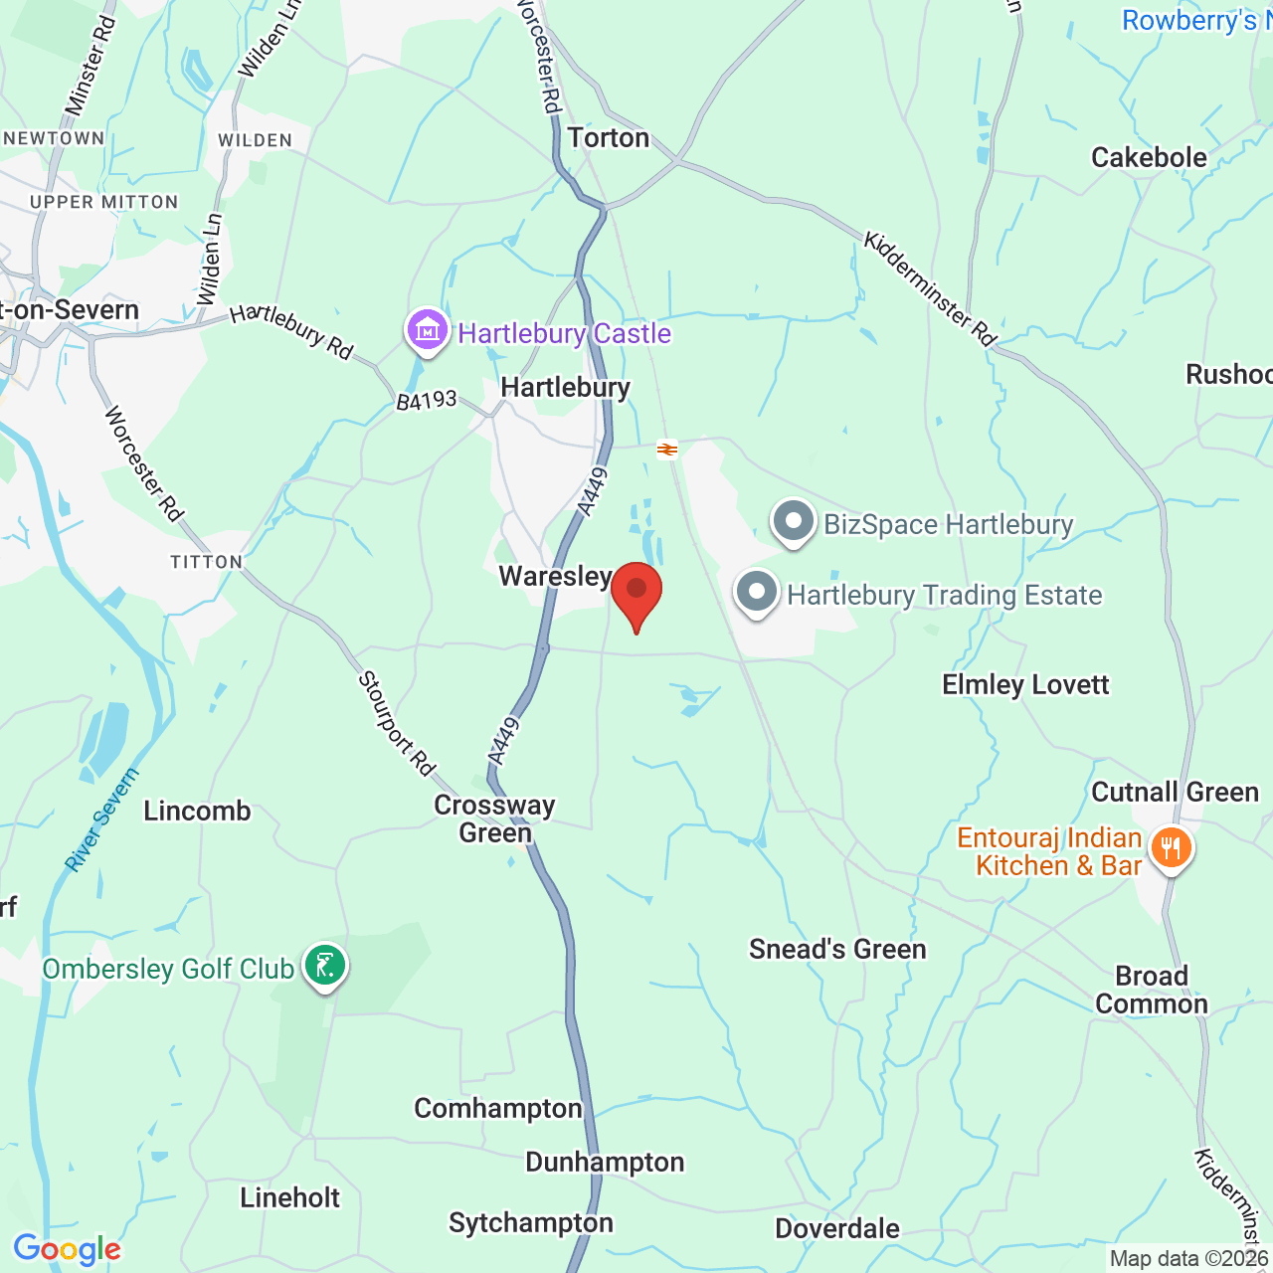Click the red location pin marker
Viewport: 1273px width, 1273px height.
tap(636, 592)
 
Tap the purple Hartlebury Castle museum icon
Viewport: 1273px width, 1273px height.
tap(428, 329)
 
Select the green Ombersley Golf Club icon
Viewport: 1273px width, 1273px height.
tap(325, 965)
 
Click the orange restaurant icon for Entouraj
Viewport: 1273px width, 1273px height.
tap(1171, 848)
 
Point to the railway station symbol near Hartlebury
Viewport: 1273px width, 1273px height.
tap(667, 450)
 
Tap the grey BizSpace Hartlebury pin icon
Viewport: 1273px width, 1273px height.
tap(794, 521)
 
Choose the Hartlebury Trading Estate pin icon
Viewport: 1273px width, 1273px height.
tap(757, 593)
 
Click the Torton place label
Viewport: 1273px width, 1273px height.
tap(608, 137)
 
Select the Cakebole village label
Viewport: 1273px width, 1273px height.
tap(1149, 157)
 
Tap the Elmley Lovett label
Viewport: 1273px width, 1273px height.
tap(1025, 684)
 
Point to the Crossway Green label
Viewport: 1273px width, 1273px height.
tap(494, 818)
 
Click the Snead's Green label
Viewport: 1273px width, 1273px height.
tap(837, 949)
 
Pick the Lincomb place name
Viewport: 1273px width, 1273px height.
tap(197, 811)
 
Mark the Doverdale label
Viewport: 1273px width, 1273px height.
tap(837, 1228)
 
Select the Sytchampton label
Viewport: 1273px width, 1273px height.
tap(531, 1222)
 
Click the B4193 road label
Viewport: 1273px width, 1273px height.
tap(427, 400)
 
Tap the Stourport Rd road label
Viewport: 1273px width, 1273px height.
tap(396, 723)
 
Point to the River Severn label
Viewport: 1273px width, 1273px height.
tap(101, 821)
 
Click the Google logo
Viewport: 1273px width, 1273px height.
tap(68, 1249)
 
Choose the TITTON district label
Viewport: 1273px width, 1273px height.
tap(206, 562)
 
